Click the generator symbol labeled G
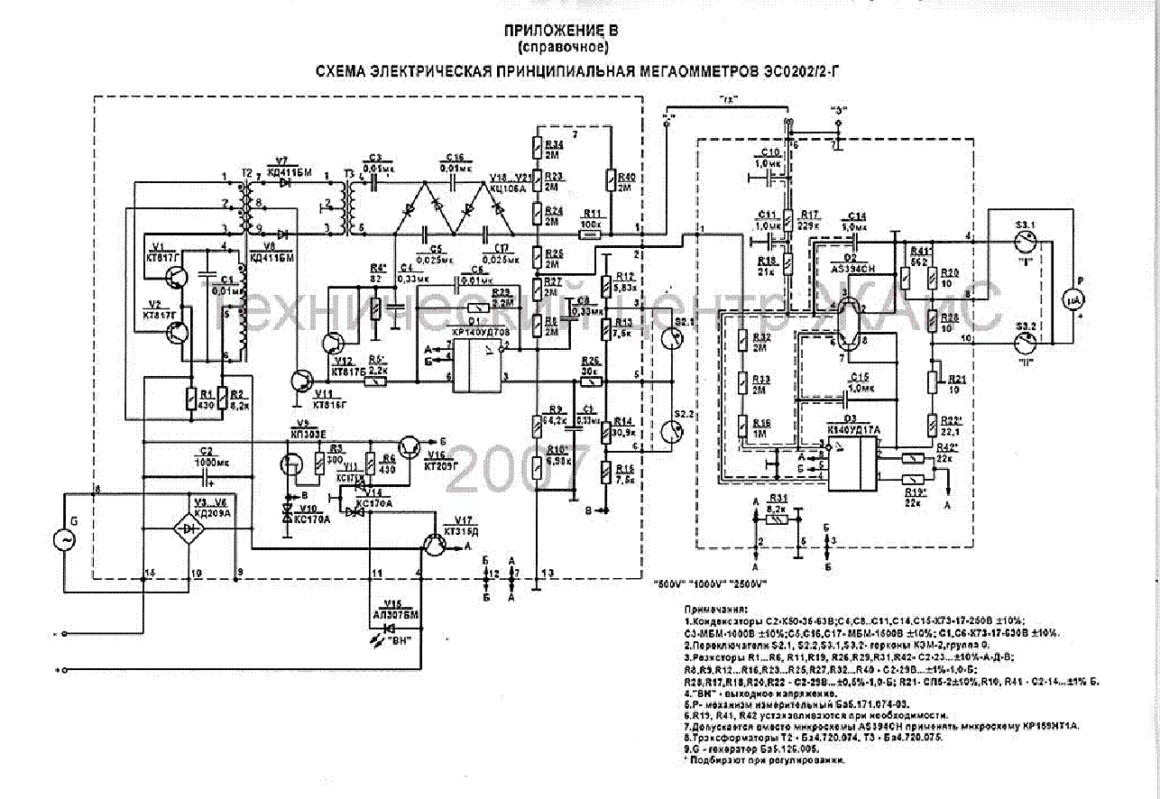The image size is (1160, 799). coord(66,540)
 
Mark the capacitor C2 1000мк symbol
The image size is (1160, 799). coord(206,471)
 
